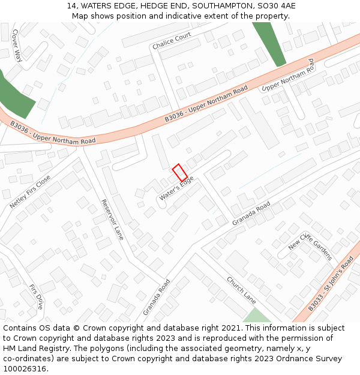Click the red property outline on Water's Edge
180,173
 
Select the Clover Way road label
17,46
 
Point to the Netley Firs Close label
30,192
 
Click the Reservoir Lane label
112,220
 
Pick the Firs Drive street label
36,297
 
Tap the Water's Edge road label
176,188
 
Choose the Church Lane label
241,290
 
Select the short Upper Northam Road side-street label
288,76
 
